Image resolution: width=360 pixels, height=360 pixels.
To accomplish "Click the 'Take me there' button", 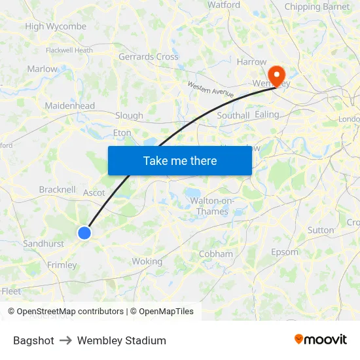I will point(179,160).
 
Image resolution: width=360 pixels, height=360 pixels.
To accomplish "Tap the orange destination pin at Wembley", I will point(277,76).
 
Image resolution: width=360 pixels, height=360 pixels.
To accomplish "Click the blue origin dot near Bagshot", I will point(84,232).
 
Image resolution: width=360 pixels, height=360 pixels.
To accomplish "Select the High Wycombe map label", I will point(56,27).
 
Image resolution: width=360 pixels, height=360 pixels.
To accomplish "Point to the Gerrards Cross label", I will point(148,57).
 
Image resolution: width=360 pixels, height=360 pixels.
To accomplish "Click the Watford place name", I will point(224,5).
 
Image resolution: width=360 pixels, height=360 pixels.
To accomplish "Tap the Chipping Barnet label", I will point(317,7).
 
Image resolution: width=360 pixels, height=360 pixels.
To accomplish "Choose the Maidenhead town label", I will point(69,105).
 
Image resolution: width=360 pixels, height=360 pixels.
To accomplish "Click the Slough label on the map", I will point(129,116).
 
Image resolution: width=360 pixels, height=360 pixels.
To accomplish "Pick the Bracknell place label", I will point(58,190).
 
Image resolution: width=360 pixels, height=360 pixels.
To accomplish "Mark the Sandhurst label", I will point(43,243).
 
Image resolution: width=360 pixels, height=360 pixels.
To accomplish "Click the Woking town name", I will point(147,261).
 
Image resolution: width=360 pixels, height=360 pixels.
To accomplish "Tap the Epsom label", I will point(284,252).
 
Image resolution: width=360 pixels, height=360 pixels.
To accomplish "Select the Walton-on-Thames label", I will point(213,206).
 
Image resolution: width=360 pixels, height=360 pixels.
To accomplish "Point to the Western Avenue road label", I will point(210,90).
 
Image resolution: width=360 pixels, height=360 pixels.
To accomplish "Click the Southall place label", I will point(233,116).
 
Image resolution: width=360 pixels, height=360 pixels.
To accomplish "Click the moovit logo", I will point(320,340).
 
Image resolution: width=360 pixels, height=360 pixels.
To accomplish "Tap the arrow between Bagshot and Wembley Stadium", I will point(65,340).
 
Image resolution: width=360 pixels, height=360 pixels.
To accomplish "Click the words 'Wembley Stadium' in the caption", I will point(122,340).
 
